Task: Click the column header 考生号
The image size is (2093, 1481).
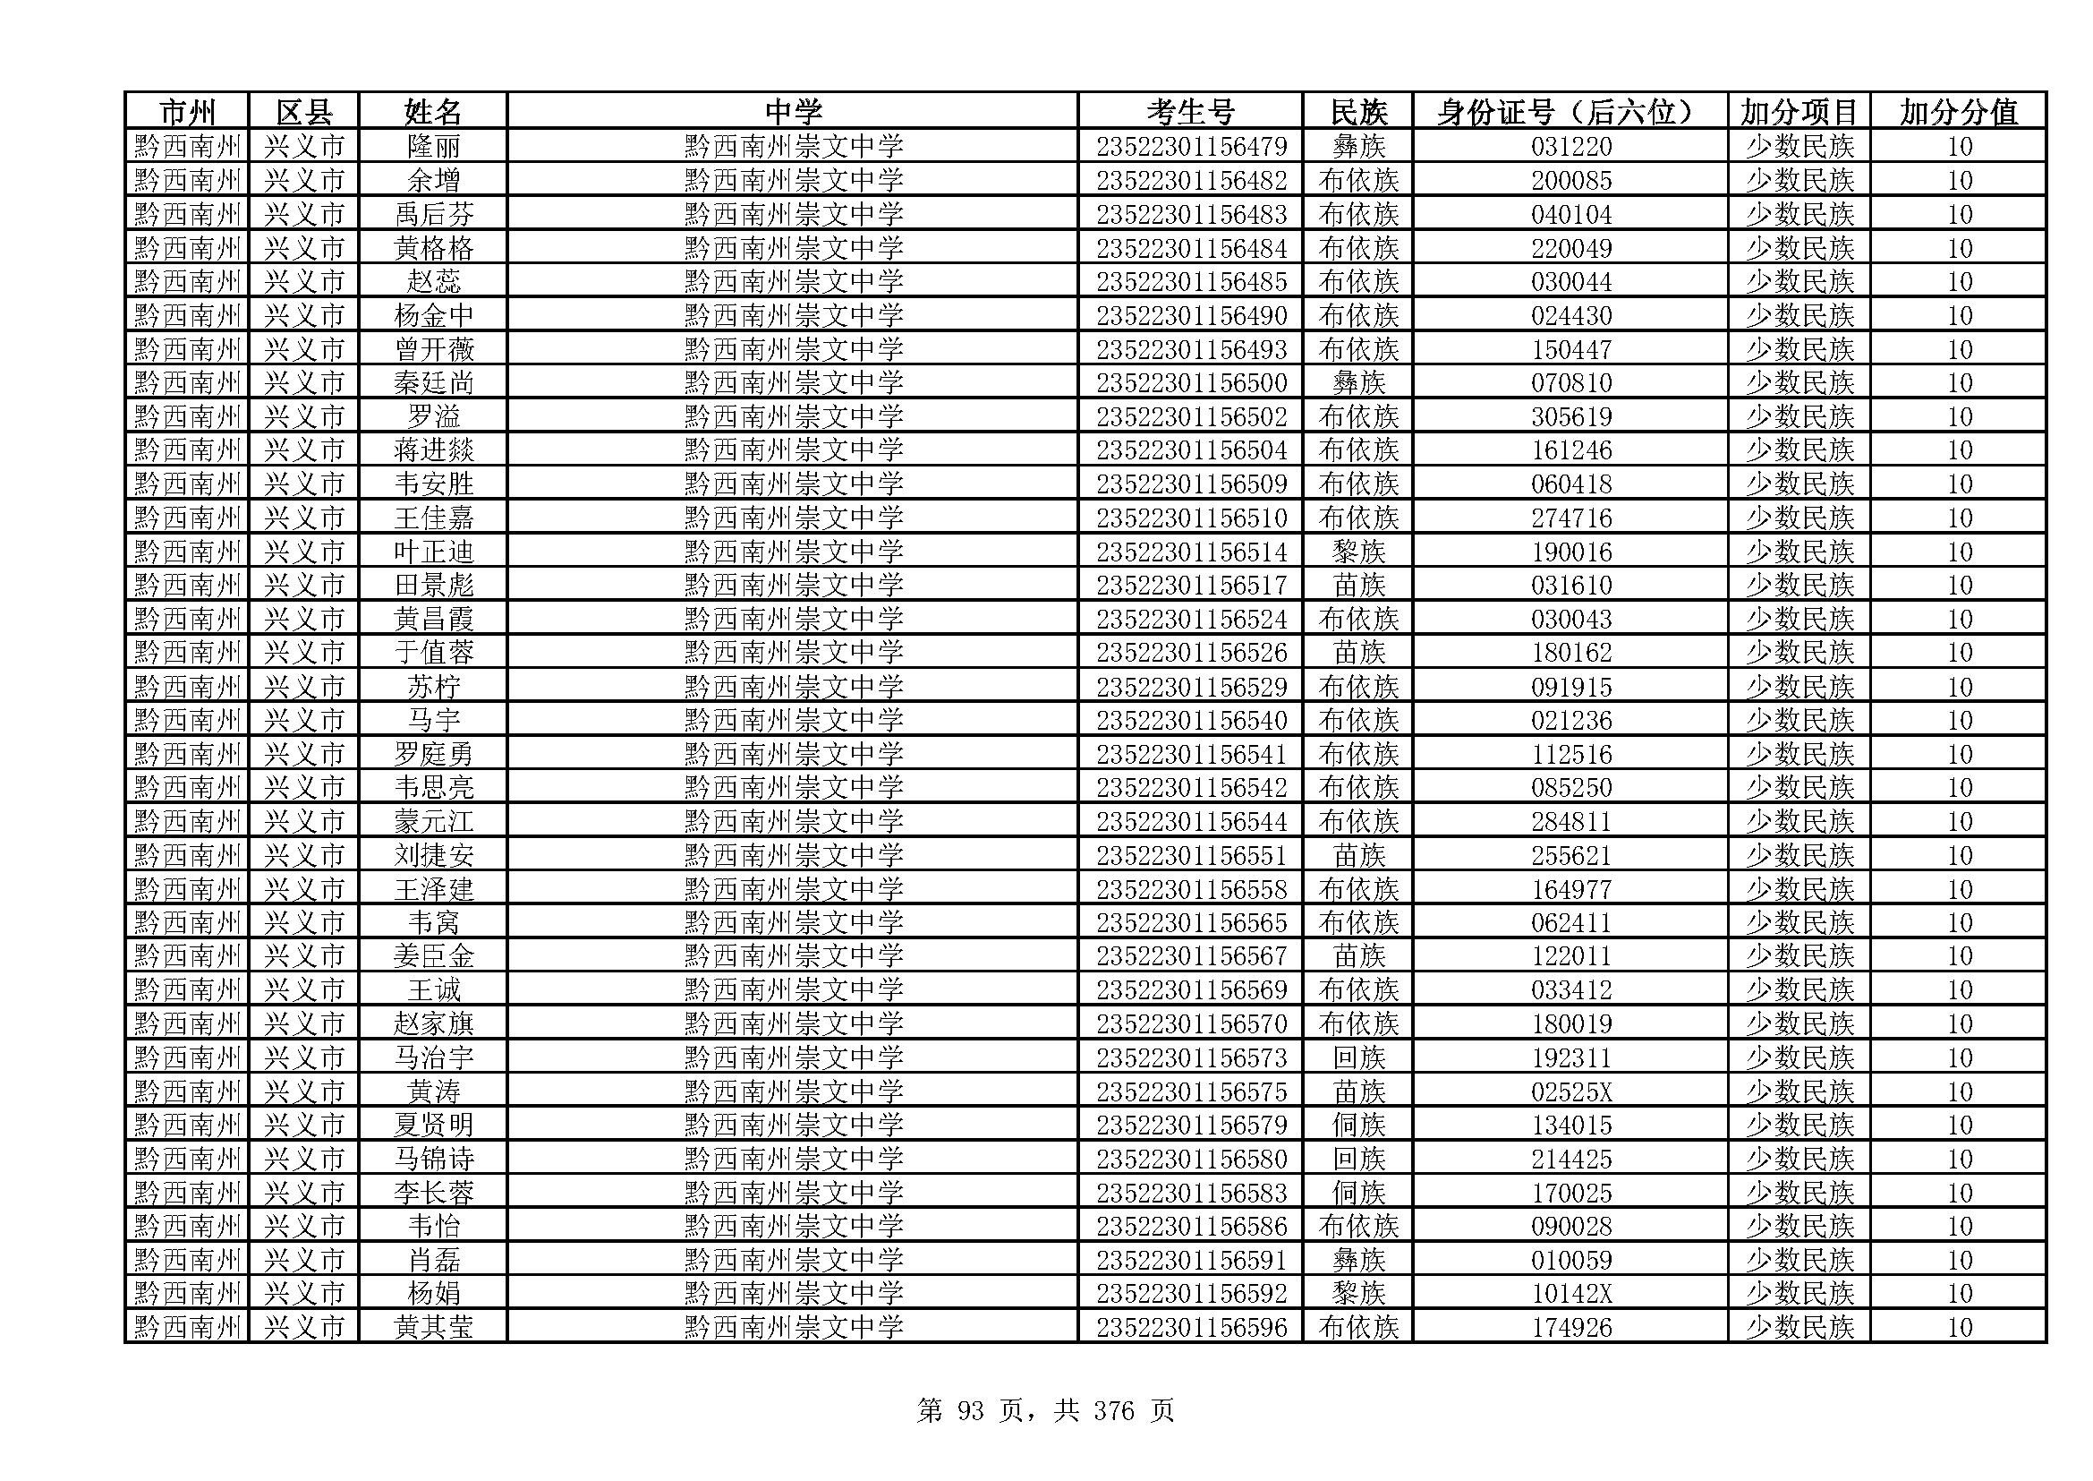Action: pyautogui.click(x=1189, y=112)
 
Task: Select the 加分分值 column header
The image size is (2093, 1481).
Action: pyautogui.click(x=1958, y=112)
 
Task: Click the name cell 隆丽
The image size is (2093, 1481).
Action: pyautogui.click(x=433, y=146)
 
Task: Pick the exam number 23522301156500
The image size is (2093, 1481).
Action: pyautogui.click(x=1190, y=383)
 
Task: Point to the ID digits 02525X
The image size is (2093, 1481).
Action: pyautogui.click(x=1570, y=1091)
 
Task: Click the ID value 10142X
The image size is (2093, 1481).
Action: pyautogui.click(x=1570, y=1293)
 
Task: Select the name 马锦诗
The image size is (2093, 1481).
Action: pyautogui.click(x=433, y=1159)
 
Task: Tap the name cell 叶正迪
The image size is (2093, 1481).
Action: pyautogui.click(x=433, y=552)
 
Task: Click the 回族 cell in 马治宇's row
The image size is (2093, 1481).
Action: pyautogui.click(x=1358, y=1057)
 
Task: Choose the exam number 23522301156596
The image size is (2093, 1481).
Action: pyautogui.click(x=1190, y=1327)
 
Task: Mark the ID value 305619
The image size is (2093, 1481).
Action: pyautogui.click(x=1570, y=416)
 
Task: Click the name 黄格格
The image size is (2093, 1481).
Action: pyautogui.click(x=433, y=248)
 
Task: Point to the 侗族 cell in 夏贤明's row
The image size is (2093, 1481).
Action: pyautogui.click(x=1358, y=1126)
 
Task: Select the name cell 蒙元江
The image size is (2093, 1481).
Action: pyautogui.click(x=433, y=822)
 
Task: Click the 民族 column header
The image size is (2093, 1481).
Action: pyautogui.click(x=1358, y=112)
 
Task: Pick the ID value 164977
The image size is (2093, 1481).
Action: pyautogui.click(x=1570, y=889)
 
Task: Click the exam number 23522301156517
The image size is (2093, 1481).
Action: pyautogui.click(x=1190, y=586)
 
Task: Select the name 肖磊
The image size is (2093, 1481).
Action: pyautogui.click(x=433, y=1261)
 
